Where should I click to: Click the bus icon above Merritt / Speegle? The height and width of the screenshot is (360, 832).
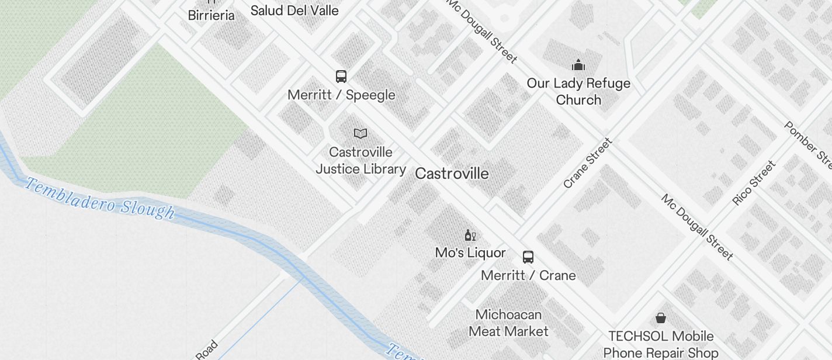tap(341, 77)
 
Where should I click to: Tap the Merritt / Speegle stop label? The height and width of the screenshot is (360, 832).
tap(341, 95)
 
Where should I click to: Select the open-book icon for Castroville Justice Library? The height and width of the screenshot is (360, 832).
tap(360, 134)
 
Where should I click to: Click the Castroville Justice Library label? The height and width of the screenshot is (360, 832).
tap(360, 161)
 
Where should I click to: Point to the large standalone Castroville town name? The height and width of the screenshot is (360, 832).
tap(452, 174)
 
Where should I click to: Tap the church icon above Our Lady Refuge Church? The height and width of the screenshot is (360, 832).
tap(578, 64)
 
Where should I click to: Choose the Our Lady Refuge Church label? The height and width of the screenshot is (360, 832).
tap(578, 91)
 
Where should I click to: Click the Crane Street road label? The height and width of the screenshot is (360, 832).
tap(588, 163)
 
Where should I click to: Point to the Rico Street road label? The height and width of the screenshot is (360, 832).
tap(754, 183)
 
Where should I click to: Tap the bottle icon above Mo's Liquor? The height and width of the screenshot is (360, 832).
tap(470, 235)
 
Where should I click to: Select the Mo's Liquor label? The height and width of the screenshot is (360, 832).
tap(470, 252)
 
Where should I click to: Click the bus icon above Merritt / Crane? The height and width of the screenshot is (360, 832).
tap(528, 257)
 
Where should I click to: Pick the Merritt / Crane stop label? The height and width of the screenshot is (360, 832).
tap(528, 275)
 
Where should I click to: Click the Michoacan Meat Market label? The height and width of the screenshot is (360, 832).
tap(508, 323)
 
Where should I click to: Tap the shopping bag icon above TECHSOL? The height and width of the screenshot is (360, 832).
tap(660, 318)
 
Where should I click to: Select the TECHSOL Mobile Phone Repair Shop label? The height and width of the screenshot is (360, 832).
tap(661, 345)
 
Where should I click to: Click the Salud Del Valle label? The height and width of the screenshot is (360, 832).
tap(294, 11)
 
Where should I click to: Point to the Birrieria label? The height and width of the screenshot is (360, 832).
tap(211, 16)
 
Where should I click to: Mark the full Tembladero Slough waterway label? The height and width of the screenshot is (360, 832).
tap(100, 199)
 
